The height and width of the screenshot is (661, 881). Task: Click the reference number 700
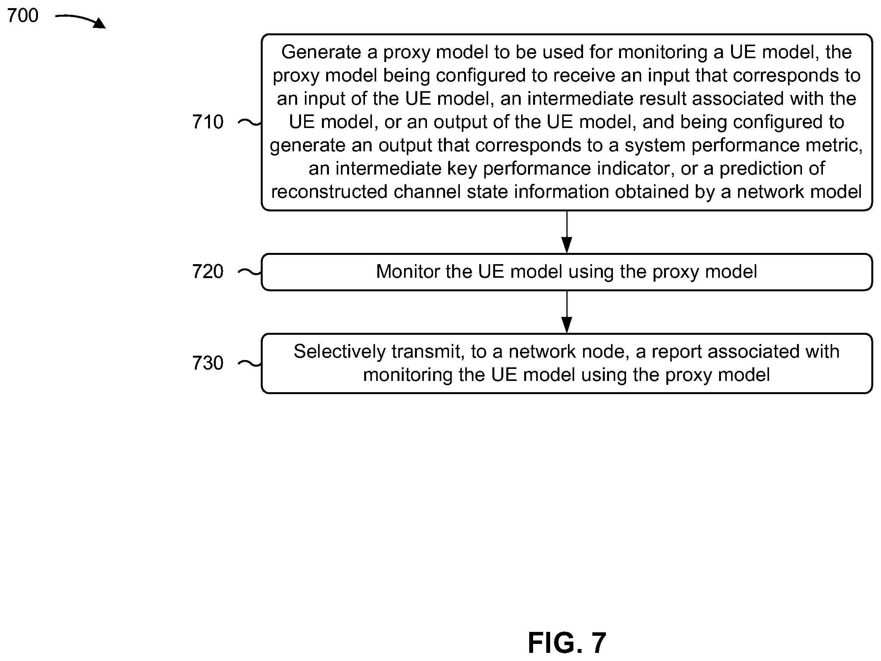point(23,16)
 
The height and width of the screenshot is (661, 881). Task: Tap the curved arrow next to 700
point(80,20)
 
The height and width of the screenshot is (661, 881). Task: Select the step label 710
point(208,121)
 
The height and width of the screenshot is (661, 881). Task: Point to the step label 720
point(208,272)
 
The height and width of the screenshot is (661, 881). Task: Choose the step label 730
point(208,363)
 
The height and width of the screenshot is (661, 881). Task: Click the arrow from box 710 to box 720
point(566,232)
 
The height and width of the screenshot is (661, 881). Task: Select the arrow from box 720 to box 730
point(566,312)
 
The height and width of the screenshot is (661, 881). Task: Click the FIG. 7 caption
point(567,643)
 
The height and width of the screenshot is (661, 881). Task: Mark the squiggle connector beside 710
point(250,122)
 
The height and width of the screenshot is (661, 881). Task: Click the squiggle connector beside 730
point(250,363)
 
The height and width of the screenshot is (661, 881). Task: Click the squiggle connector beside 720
point(250,272)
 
